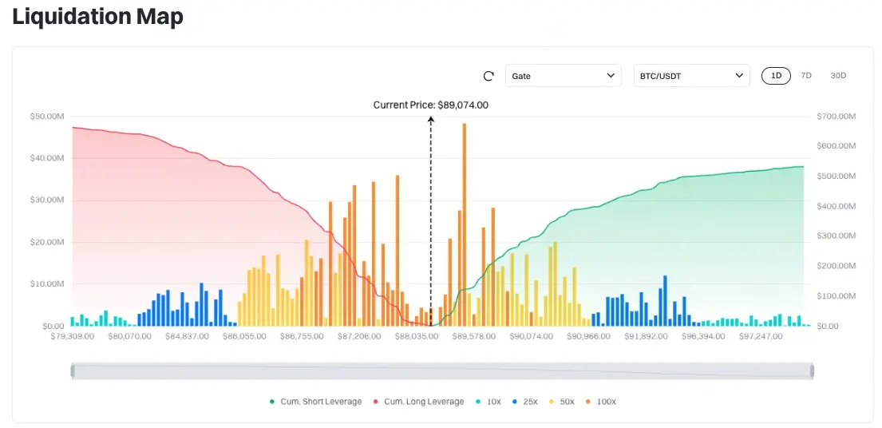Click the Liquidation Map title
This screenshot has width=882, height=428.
tap(97, 16)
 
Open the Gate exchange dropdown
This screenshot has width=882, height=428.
tap(563, 76)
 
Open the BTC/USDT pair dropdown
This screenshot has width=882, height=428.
tap(691, 76)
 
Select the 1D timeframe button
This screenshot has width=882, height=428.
tap(776, 76)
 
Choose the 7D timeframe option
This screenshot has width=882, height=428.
tap(806, 76)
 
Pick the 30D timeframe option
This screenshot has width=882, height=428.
tap(838, 76)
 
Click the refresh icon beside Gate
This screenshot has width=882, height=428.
tap(489, 76)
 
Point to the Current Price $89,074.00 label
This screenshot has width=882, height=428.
tap(430, 105)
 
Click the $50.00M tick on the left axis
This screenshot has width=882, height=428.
tap(47, 117)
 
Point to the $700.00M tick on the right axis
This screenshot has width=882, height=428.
tap(837, 117)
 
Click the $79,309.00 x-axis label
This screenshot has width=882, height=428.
tap(72, 336)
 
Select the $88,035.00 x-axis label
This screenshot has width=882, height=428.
tap(417, 336)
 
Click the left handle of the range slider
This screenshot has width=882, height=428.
tap(73, 371)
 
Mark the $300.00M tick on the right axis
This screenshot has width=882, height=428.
tap(837, 236)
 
